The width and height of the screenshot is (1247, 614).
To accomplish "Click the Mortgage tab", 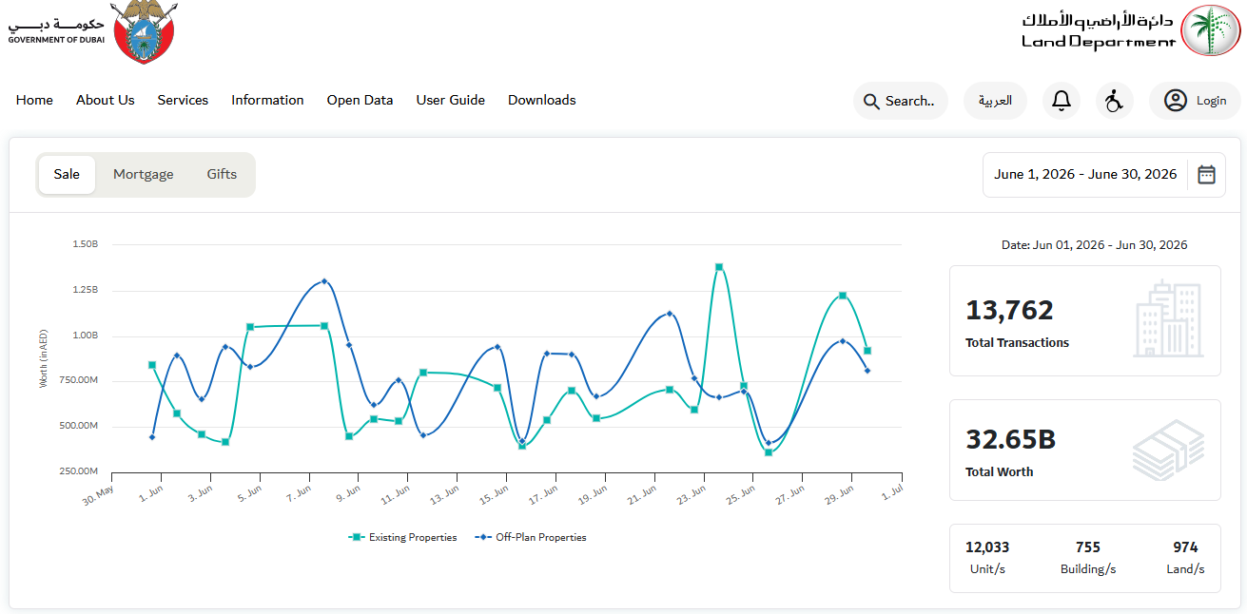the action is click(143, 174).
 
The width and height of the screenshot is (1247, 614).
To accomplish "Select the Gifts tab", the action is click(222, 174).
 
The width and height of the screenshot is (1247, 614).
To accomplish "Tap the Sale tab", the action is click(67, 174).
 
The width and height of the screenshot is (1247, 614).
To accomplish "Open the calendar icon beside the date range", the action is click(1206, 175).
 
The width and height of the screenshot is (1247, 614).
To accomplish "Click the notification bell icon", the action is click(1062, 101).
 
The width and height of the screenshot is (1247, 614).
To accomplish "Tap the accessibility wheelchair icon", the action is click(1114, 101).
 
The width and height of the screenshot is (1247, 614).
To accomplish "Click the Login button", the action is click(1195, 101).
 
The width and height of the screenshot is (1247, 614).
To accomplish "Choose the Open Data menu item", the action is click(360, 100).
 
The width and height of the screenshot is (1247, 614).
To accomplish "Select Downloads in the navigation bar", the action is click(541, 100).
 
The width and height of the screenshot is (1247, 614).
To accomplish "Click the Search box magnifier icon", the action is click(871, 101).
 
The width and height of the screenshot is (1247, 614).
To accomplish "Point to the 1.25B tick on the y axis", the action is click(86, 290).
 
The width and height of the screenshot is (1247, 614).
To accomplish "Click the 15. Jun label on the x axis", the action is click(495, 494).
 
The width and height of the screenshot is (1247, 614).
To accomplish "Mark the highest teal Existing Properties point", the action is click(719, 267).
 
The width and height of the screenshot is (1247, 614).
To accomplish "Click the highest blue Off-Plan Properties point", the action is click(324, 281).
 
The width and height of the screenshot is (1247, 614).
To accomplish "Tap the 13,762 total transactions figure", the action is click(1009, 311).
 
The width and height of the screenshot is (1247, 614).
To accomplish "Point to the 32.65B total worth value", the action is click(1010, 439).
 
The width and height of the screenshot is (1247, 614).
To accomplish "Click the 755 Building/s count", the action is click(1088, 547).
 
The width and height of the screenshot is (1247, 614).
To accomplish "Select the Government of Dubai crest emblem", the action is click(145, 31).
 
